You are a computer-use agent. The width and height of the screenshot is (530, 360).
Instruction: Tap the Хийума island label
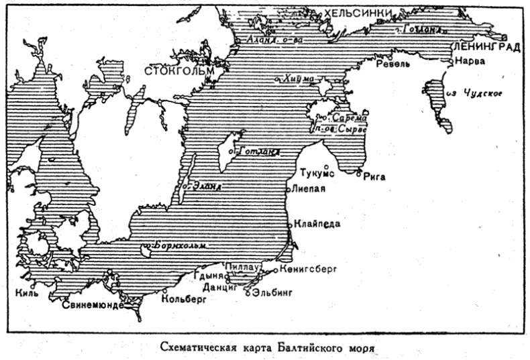click(299, 78)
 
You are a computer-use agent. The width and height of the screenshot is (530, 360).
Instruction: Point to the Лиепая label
click(309, 188)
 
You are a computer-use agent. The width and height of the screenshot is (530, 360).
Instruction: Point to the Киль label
click(28, 292)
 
